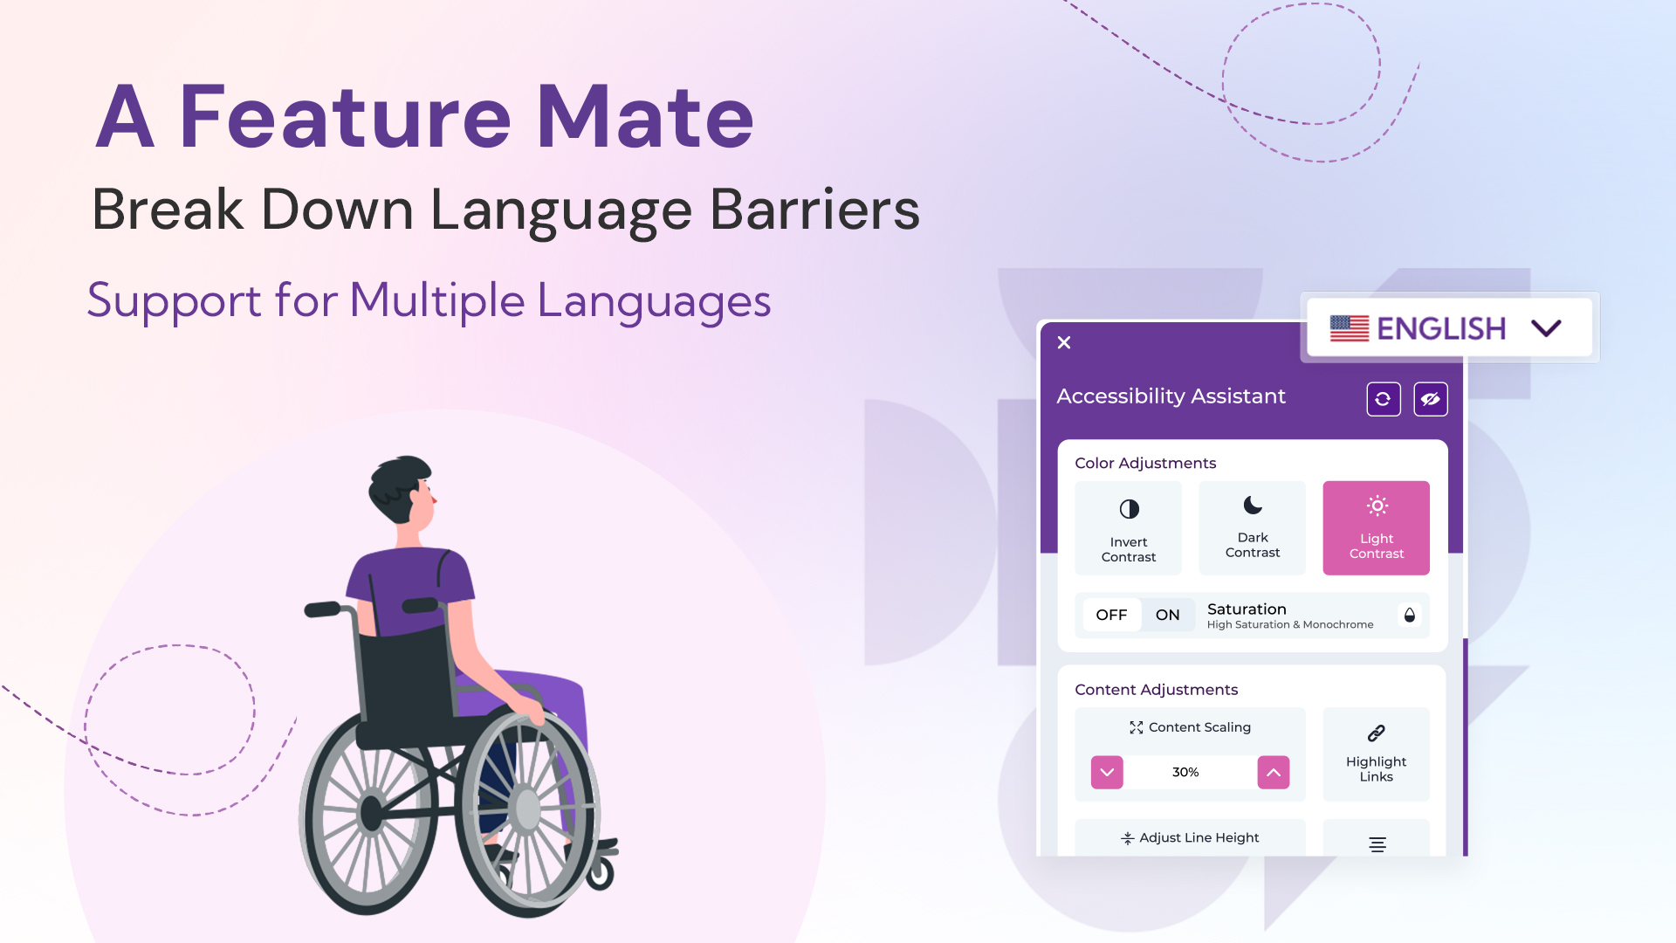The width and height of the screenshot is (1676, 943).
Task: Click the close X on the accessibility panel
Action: [x=1064, y=342]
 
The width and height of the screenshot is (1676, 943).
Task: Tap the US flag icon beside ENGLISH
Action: [x=1349, y=328]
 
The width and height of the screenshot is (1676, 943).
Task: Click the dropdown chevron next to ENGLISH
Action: [x=1546, y=328]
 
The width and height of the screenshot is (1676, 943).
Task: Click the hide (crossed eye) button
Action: [x=1430, y=399]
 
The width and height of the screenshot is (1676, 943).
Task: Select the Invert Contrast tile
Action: [x=1128, y=528]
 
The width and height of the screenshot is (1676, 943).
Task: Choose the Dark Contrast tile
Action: [x=1252, y=528]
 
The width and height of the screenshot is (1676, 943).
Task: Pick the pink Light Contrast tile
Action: [x=1376, y=528]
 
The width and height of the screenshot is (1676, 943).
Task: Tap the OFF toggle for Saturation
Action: [x=1111, y=615]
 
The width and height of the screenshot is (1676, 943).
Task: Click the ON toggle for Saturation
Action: [x=1167, y=615]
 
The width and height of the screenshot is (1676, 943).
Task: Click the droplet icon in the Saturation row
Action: [x=1409, y=615]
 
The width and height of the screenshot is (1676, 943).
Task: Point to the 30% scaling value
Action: [x=1185, y=772]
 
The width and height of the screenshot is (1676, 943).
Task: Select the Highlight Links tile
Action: [x=1376, y=754]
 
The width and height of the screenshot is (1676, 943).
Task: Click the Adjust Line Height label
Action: [x=1199, y=837]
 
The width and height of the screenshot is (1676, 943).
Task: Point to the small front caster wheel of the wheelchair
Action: [x=601, y=873]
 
